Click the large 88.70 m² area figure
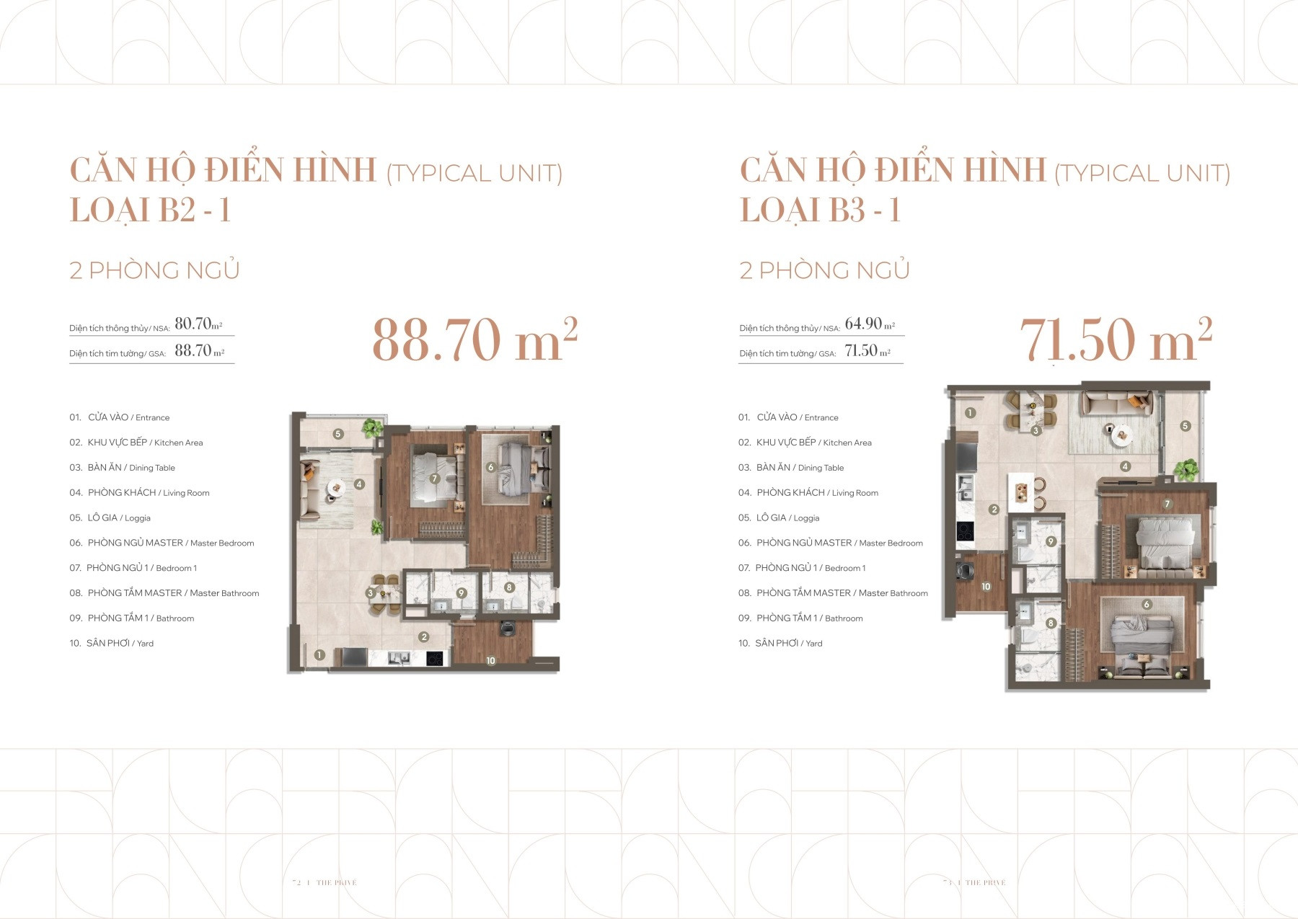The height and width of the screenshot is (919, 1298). [x=474, y=340]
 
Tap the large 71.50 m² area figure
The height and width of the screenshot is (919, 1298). [x=1115, y=340]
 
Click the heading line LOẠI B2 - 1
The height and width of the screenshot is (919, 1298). [x=150, y=210]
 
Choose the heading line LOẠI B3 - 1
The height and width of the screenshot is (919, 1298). [x=820, y=210]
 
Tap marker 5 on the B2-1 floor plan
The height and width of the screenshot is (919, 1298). [x=337, y=434]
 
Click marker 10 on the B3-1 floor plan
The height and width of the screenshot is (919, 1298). [x=986, y=587]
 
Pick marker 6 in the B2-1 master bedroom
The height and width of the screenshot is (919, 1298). [x=490, y=468]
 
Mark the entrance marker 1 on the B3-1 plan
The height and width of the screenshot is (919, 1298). [x=970, y=413]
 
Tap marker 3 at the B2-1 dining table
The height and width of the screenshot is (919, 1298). [x=370, y=593]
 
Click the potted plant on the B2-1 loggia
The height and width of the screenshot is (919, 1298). [x=372, y=429]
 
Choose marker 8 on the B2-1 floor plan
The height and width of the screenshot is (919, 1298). [x=509, y=587]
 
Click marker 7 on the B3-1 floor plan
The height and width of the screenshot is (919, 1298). [x=1167, y=504]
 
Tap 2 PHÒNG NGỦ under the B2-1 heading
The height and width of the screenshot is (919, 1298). [x=154, y=270]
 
